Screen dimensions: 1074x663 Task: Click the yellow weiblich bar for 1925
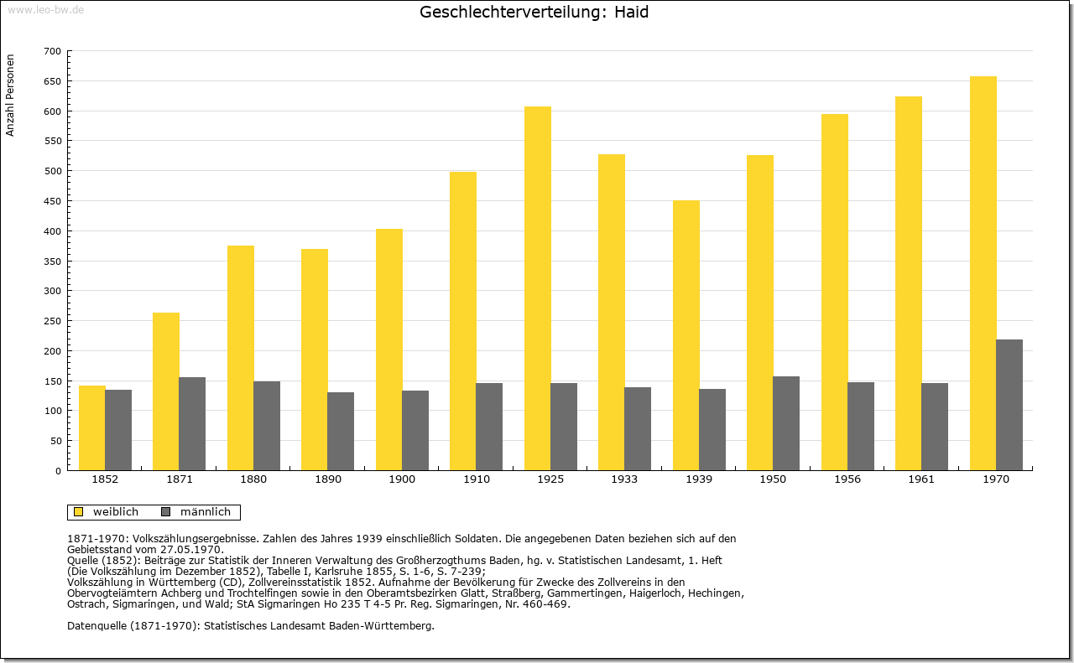click(x=538, y=288)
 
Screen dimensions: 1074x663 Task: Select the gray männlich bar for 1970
click(x=1009, y=405)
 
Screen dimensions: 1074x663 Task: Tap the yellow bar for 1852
click(x=92, y=427)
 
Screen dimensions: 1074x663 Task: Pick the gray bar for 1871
click(x=192, y=424)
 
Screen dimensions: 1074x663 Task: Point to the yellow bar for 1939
click(x=686, y=335)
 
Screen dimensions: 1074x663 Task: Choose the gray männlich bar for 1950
click(x=786, y=423)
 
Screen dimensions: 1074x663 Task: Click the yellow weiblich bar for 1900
click(x=389, y=350)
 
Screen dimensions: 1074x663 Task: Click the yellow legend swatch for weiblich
click(x=79, y=511)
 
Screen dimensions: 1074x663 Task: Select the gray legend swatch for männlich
click(x=166, y=511)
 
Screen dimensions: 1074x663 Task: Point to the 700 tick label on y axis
click(x=53, y=51)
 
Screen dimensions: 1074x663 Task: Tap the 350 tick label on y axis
click(x=53, y=262)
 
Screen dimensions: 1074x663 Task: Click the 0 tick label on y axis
click(x=58, y=471)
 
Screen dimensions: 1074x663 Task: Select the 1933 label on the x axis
click(x=624, y=479)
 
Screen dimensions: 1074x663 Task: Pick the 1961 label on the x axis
click(x=921, y=479)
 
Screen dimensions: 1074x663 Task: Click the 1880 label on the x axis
click(x=253, y=479)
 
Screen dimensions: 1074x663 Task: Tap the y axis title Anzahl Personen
click(x=10, y=95)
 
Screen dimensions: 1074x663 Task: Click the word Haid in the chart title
click(x=632, y=12)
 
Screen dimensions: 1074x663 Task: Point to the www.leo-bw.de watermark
click(x=45, y=9)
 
